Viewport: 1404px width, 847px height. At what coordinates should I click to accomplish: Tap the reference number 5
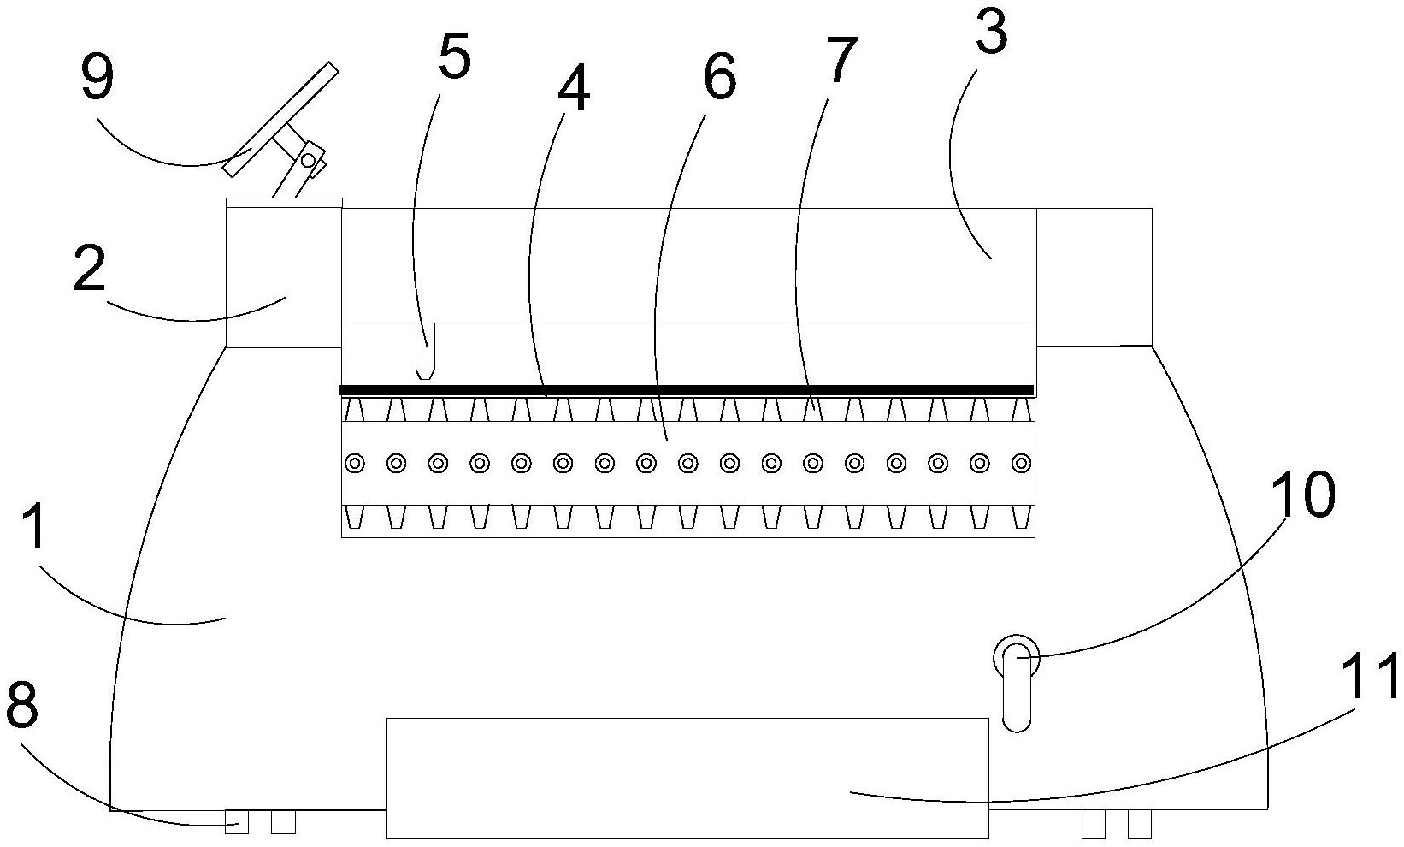tap(454, 58)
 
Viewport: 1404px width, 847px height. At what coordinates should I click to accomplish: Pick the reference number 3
tap(991, 35)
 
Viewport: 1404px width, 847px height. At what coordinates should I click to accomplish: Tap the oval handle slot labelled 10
tap(1016, 684)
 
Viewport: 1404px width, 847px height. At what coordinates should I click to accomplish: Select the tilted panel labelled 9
tap(280, 120)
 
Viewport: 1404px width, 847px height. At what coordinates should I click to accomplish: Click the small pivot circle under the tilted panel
tap(308, 160)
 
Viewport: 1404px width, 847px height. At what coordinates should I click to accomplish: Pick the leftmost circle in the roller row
tap(354, 464)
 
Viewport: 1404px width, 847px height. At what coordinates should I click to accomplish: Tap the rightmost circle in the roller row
tap(1021, 464)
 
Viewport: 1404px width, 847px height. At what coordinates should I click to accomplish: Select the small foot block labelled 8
tap(237, 822)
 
